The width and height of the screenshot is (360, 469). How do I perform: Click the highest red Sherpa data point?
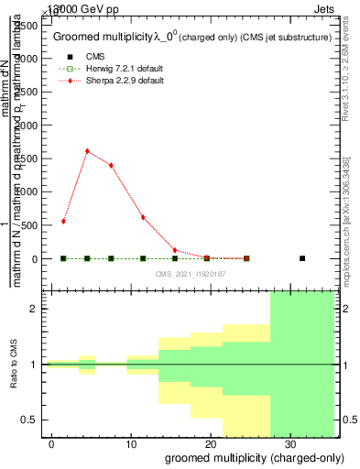[87, 151]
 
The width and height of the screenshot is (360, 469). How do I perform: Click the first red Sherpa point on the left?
[63, 221]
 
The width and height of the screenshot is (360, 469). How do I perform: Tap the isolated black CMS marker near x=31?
[302, 258]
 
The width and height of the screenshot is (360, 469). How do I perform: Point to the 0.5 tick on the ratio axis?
[33, 420]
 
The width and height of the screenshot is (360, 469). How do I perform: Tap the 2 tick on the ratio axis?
[38, 309]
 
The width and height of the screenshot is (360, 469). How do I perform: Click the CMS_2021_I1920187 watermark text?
[191, 274]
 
